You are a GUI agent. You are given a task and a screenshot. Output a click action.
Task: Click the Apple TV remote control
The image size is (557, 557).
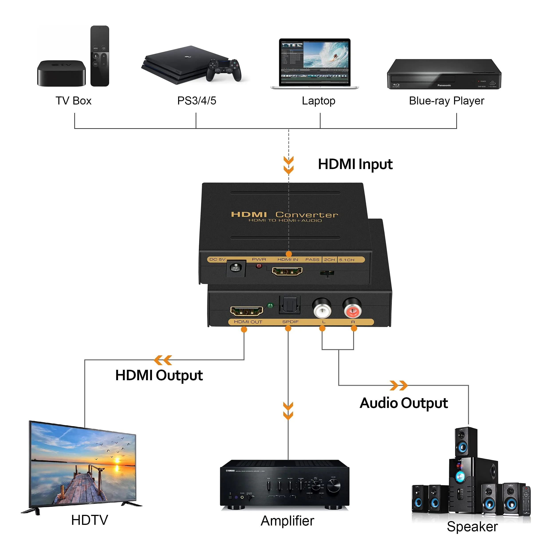click(x=100, y=56)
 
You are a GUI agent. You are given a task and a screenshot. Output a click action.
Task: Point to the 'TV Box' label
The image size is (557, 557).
click(x=73, y=101)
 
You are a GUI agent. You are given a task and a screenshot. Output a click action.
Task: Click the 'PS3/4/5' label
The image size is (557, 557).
click(x=197, y=101)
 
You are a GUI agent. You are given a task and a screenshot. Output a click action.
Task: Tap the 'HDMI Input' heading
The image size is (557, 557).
click(x=355, y=164)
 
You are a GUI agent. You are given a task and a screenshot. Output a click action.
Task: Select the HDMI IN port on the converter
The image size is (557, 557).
click(x=287, y=271)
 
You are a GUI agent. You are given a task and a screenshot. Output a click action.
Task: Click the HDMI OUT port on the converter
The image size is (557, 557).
click(x=246, y=311)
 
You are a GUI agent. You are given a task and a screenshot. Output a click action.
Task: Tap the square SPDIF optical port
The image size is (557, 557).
click(x=289, y=305)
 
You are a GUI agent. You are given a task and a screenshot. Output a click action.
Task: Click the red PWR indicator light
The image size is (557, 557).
click(x=259, y=266)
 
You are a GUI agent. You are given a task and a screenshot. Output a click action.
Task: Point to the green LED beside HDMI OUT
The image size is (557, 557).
click(x=270, y=305)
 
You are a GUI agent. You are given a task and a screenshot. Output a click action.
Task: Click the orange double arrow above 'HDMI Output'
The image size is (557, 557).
click(x=163, y=360)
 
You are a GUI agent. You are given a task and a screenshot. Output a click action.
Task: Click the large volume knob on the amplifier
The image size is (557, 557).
click(x=334, y=486)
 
